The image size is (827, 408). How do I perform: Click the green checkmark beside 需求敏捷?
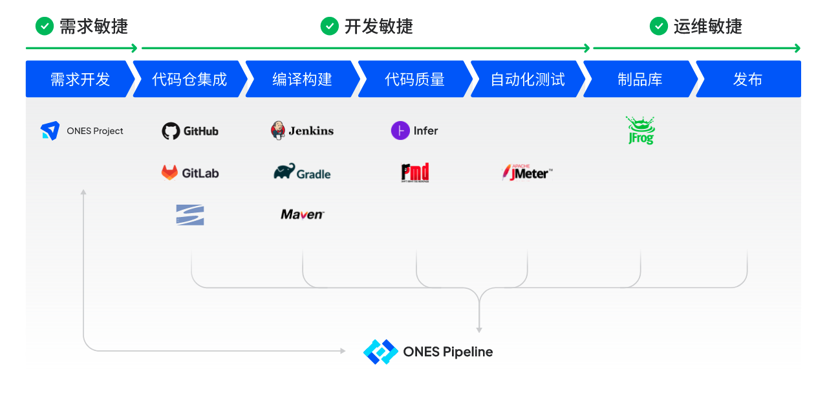(45, 26)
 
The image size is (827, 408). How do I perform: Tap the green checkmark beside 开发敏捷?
(330, 26)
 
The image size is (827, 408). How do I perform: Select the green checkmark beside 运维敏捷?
(659, 26)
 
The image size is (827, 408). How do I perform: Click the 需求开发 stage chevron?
(80, 79)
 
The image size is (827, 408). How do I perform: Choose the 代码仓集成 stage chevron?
(189, 79)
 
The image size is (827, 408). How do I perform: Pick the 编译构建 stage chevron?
(302, 79)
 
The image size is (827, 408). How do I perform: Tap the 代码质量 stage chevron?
(414, 79)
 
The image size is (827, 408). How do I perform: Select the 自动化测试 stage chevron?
(527, 79)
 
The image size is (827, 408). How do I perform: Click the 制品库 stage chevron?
(639, 79)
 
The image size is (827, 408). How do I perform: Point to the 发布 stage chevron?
(748, 79)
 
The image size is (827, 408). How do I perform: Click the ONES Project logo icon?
(50, 131)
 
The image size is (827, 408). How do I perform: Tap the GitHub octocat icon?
(171, 131)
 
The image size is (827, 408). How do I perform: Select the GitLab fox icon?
(169, 173)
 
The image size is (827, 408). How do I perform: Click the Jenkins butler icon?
(278, 130)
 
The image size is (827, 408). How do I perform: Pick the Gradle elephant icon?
(285, 172)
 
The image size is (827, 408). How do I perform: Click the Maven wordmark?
(302, 214)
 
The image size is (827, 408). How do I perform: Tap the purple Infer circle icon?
(400, 131)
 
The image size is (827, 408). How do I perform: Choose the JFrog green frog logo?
(640, 130)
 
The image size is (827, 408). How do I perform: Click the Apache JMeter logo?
(527, 172)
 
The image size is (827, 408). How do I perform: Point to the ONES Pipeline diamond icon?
(380, 352)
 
